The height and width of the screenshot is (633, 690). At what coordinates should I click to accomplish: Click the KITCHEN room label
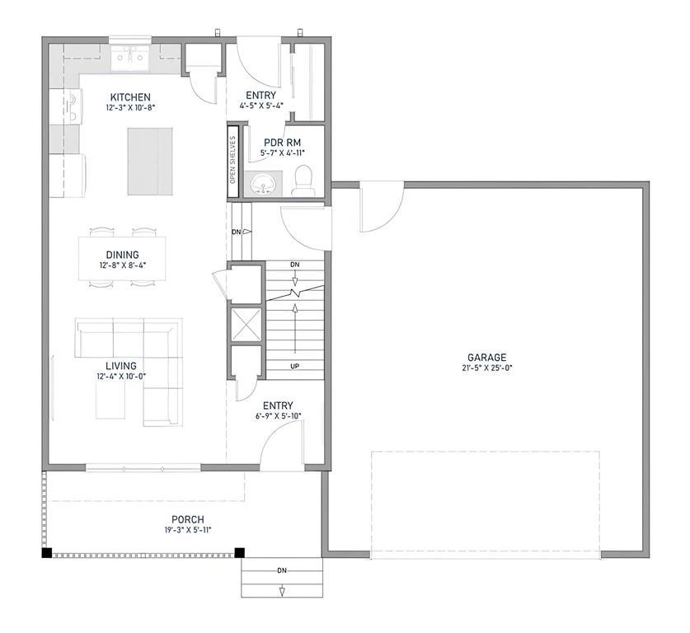point(130,97)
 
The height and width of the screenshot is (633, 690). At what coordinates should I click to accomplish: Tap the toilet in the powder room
point(303,181)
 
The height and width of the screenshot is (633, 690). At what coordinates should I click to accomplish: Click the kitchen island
point(150,162)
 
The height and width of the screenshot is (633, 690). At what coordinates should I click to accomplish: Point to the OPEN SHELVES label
point(232,160)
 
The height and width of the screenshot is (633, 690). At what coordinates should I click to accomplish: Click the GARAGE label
point(486,358)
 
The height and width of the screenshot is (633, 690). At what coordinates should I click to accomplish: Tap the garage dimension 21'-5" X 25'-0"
point(486,368)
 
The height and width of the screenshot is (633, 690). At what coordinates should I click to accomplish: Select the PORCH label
point(188,519)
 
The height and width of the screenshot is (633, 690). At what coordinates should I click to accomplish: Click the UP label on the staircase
point(295,366)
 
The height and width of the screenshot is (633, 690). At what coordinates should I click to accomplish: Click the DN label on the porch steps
point(282,570)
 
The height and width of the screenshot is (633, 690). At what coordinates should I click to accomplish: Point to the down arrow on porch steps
point(282,592)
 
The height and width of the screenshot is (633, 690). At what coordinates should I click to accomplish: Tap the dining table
point(122,258)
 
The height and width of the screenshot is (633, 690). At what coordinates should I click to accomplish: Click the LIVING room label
point(121,366)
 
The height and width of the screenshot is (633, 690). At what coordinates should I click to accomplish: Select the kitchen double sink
point(130,58)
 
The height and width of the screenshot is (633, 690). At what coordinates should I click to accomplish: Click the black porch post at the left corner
point(47,553)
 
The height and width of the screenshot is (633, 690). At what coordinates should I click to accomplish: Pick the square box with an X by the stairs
point(246,325)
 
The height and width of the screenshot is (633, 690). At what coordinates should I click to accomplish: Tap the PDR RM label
point(283,143)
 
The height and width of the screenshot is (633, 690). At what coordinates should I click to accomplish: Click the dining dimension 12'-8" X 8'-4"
point(122,265)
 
